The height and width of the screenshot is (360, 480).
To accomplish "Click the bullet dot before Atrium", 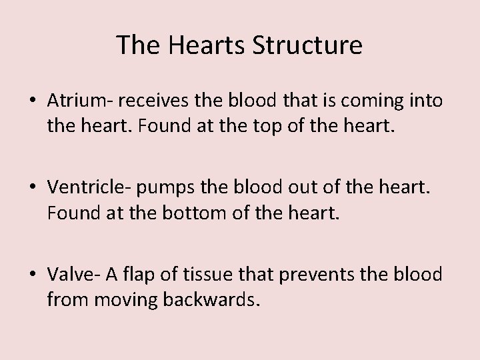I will [33, 101].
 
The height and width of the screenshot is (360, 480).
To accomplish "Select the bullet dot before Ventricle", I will [33, 189].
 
